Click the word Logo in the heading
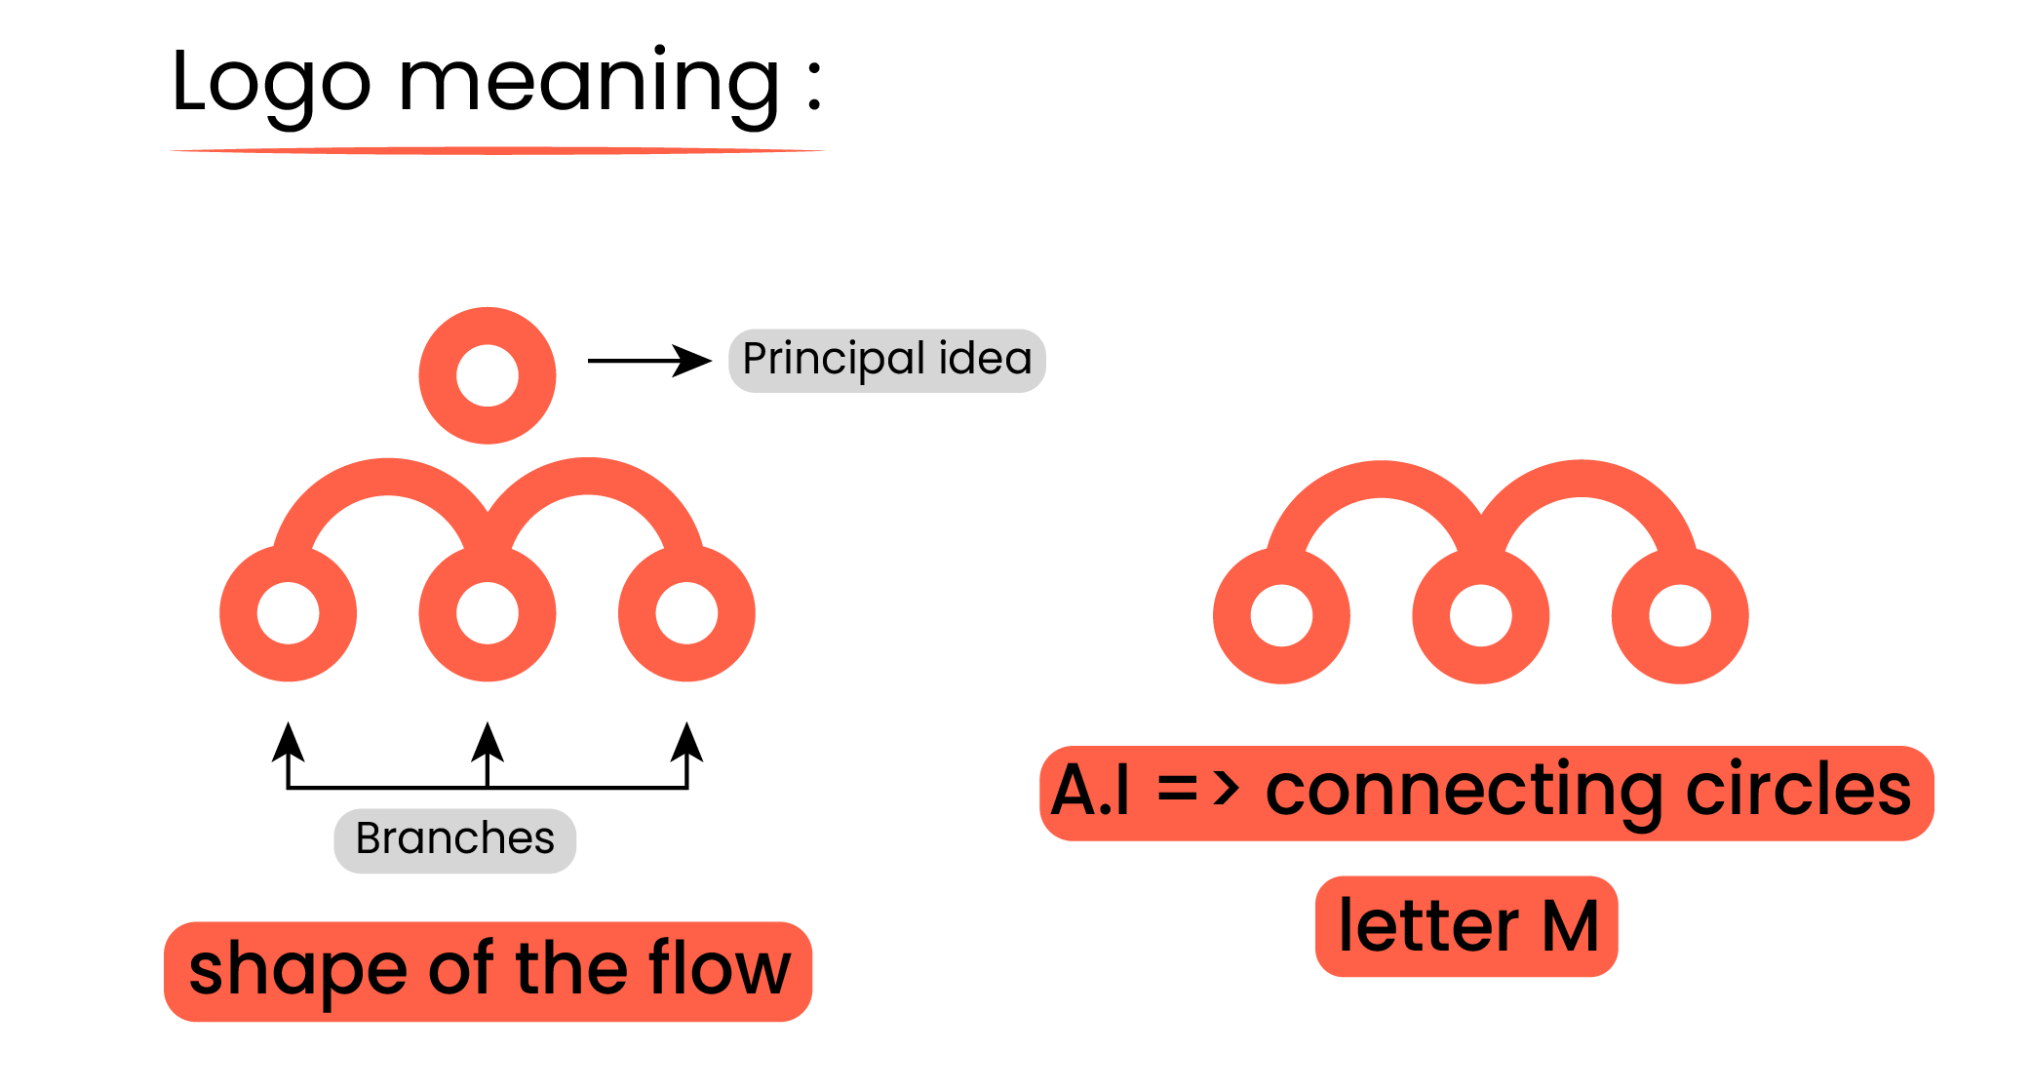click(271, 84)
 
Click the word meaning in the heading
click(589, 84)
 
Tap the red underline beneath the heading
click(497, 151)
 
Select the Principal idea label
click(886, 360)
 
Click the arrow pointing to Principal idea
click(649, 361)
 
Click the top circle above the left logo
click(488, 375)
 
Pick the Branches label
click(454, 839)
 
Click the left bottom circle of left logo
click(289, 613)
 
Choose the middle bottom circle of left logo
click(488, 613)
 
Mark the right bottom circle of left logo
click(686, 613)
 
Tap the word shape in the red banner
click(297, 971)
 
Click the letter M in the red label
click(1570, 927)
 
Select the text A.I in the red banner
click(1091, 791)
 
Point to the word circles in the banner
click(1798, 791)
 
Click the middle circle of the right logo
click(1480, 615)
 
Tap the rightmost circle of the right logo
click(1680, 615)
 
